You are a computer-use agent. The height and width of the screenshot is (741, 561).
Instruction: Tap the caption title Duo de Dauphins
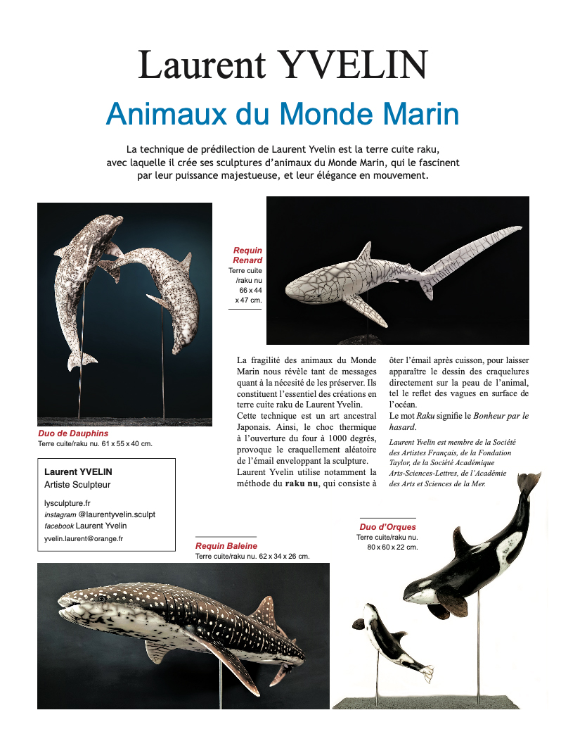(x=73, y=434)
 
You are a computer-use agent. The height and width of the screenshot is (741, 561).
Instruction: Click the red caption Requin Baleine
(x=226, y=545)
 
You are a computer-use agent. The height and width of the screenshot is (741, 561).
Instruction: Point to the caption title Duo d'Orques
(x=387, y=526)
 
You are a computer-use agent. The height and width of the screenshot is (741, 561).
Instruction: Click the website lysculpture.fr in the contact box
(x=67, y=503)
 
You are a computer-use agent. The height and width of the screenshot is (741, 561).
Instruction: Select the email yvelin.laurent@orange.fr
(x=84, y=538)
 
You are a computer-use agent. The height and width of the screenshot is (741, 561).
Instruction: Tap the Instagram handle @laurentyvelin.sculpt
(x=117, y=514)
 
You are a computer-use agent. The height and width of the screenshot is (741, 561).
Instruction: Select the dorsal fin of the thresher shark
(x=364, y=253)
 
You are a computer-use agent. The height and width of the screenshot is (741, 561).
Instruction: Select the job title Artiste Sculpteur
(x=77, y=485)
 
